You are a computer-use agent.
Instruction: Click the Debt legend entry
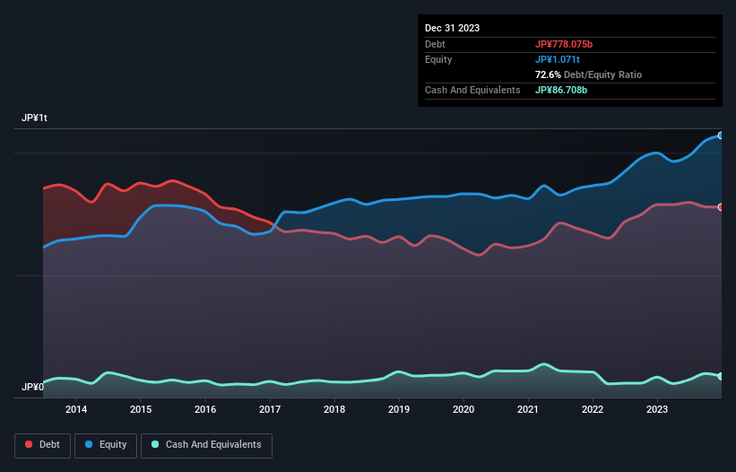tap(43, 444)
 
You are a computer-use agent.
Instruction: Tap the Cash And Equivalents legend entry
tap(206, 444)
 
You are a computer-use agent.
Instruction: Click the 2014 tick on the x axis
tap(76, 410)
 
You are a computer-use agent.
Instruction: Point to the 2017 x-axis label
tap(270, 410)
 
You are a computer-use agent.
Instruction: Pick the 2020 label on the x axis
tap(463, 410)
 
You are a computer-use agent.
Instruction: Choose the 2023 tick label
tap(657, 410)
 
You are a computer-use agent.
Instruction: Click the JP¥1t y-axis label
tap(35, 118)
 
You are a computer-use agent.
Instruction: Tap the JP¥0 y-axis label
tap(33, 387)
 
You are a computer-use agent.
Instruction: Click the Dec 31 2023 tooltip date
tap(452, 28)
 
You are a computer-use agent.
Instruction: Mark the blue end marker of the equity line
tap(720, 135)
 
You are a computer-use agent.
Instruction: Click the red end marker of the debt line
tap(720, 207)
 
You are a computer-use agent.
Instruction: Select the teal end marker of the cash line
tap(720, 376)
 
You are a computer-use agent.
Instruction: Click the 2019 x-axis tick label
tap(399, 410)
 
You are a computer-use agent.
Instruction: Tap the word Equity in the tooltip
tap(438, 59)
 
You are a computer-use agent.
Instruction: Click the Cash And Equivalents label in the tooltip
tap(472, 90)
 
